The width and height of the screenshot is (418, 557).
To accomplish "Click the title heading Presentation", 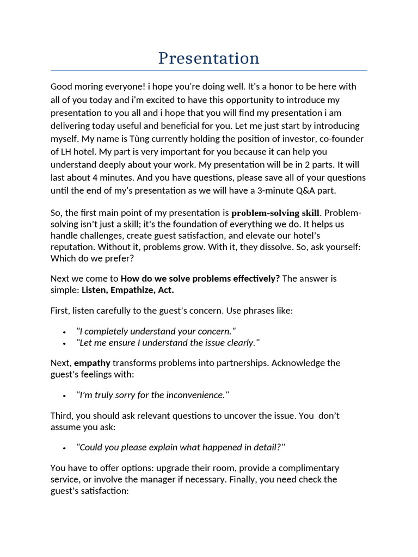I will (208, 58).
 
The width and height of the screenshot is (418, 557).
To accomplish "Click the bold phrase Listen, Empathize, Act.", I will (128, 290).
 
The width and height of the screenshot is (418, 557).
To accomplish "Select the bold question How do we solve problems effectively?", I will (200, 278).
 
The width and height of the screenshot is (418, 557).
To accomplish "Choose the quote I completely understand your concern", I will (156, 331).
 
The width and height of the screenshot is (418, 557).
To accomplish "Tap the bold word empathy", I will (92, 363).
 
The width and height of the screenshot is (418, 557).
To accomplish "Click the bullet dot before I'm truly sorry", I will (65, 395).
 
